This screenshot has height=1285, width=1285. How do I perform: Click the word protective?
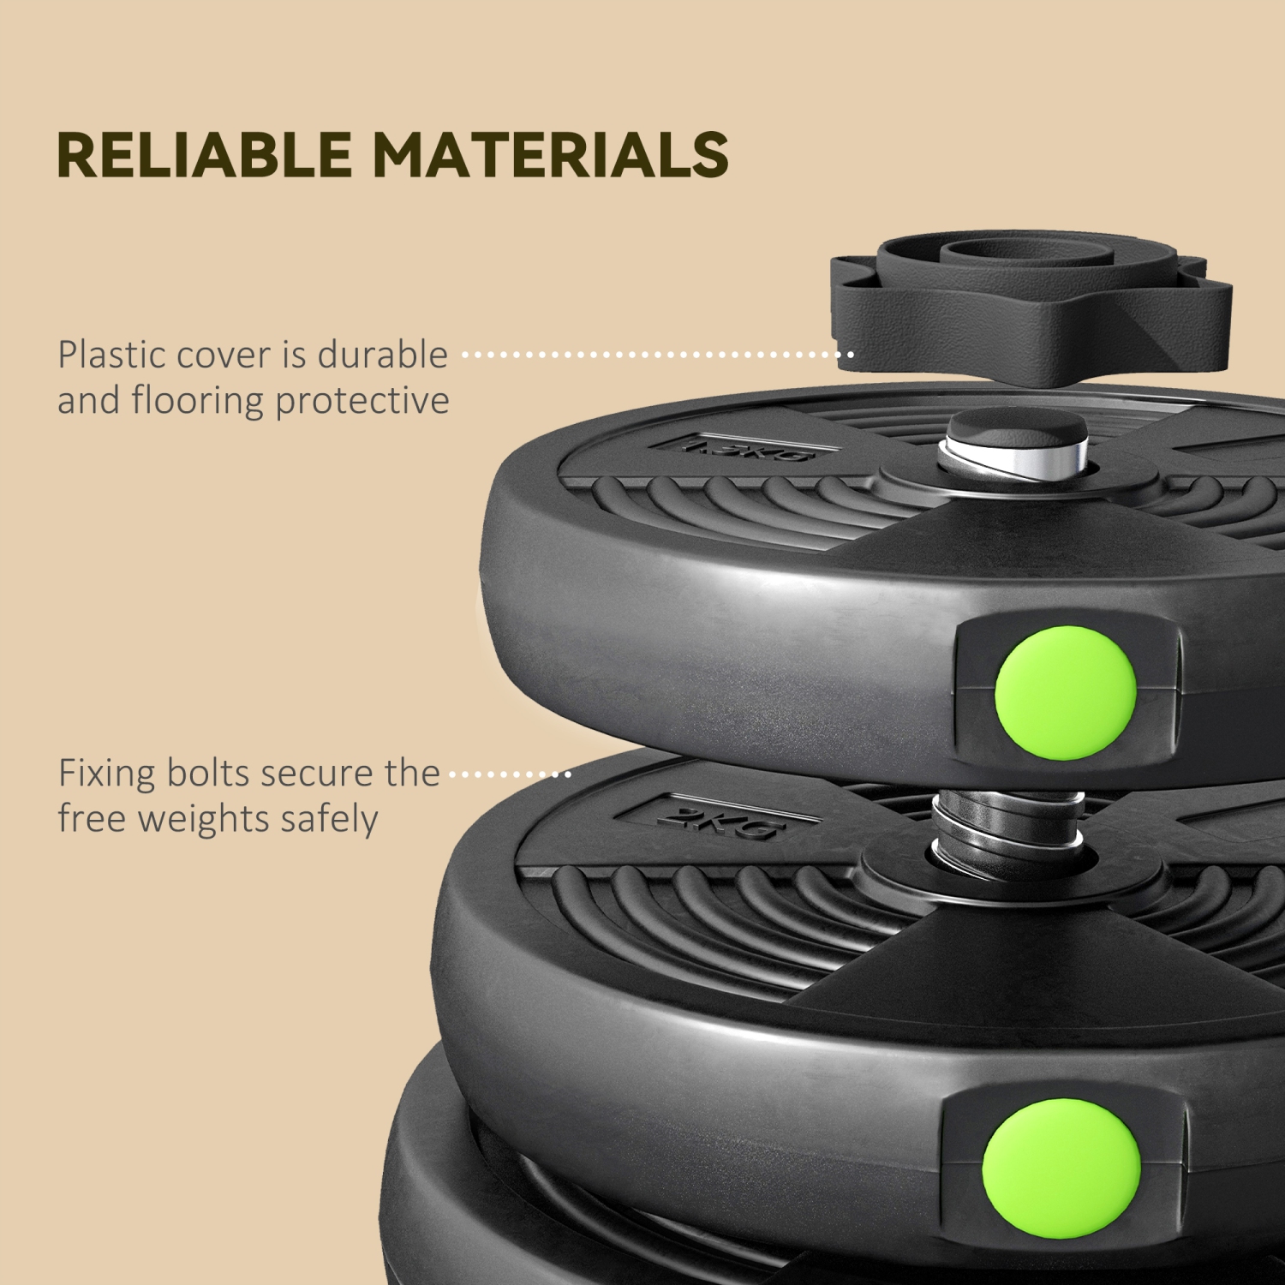[362, 401]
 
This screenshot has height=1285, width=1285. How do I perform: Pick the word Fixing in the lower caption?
[107, 774]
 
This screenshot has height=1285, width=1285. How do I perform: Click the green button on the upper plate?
[1065, 692]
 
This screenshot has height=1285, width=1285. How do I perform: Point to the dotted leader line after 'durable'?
[658, 354]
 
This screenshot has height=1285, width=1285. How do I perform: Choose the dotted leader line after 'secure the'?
[511, 774]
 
